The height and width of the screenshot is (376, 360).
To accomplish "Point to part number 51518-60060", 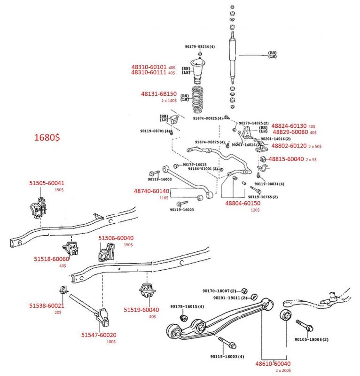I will point(52,259).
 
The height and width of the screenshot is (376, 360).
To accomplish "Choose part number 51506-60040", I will point(116,238).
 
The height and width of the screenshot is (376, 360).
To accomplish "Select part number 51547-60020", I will point(99,335).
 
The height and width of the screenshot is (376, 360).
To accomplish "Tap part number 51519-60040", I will point(141,310).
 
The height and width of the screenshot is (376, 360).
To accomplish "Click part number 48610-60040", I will point(273,364).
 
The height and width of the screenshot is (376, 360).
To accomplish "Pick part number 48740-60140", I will point(151,191).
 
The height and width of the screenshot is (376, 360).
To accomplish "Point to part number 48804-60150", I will point(242,203).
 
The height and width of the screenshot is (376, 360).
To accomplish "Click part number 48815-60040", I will point(285,159).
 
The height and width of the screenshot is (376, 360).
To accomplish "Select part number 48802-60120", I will point(289,146).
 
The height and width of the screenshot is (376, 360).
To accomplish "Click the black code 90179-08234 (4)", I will point(200,47).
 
